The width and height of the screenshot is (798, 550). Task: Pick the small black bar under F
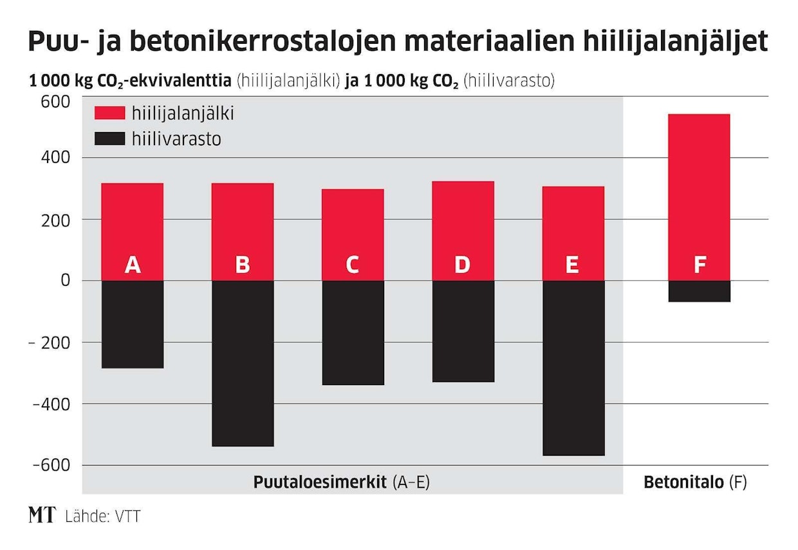[699, 291]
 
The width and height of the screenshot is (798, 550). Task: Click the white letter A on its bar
[133, 265]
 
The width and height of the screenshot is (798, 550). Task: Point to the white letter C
[352, 265]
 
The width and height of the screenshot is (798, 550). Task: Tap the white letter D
[462, 265]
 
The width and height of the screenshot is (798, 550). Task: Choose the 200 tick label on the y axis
[57, 220]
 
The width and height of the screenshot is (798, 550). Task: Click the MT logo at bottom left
[41, 515]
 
